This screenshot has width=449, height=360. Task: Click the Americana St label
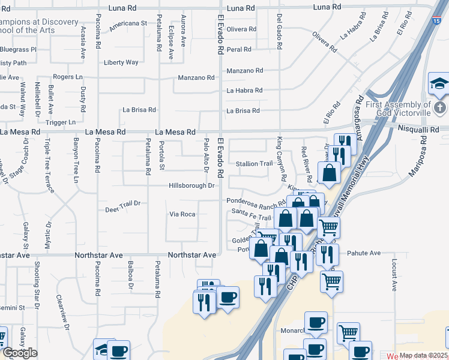pyautogui.click(x=128, y=23)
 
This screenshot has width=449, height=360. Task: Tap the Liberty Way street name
pyautogui.click(x=121, y=62)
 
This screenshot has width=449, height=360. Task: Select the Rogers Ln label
pyautogui.click(x=68, y=77)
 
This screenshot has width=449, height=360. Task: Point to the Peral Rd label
pyautogui.click(x=239, y=49)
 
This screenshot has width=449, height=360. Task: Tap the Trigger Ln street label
pyautogui.click(x=60, y=122)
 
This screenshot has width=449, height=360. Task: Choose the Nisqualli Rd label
pyautogui.click(x=418, y=128)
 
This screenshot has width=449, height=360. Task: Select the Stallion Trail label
pyautogui.click(x=255, y=164)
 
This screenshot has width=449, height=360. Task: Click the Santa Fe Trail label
pyautogui.click(x=247, y=211)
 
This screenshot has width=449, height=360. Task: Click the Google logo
pyautogui.click(x=19, y=353)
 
